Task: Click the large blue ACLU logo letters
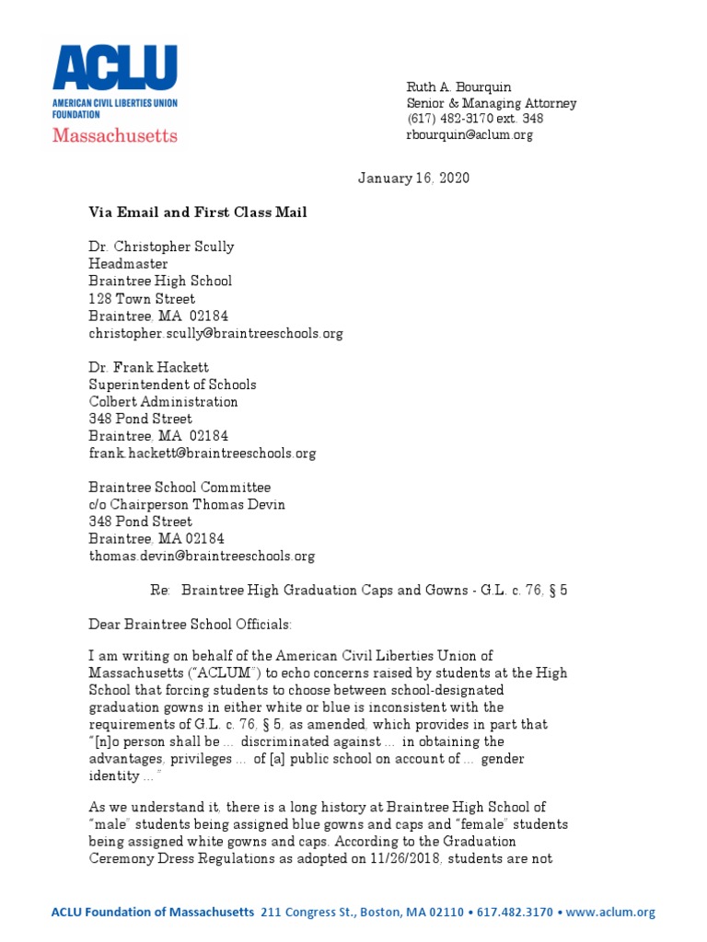pos(115,70)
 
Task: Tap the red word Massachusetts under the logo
pos(114,135)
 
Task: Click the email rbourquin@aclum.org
pos(469,135)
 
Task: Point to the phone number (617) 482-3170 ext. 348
pos(475,119)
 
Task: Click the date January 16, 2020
pos(413,178)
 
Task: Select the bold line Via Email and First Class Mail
pos(198,213)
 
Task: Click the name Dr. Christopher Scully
pos(161,247)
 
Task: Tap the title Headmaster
pos(128,264)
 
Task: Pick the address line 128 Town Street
pos(142,299)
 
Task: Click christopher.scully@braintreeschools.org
pos(215,333)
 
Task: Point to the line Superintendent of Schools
pos(172,385)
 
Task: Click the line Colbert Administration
pos(163,402)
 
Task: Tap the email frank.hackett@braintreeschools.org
pos(202,454)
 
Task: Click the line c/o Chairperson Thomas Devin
pos(187,504)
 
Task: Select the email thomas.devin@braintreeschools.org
pos(202,556)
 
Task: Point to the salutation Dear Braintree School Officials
pos(190,625)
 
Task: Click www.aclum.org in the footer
pos(612,913)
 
